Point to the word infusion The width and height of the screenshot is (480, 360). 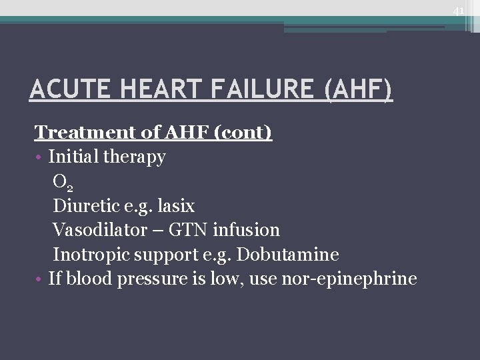(x=246, y=230)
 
